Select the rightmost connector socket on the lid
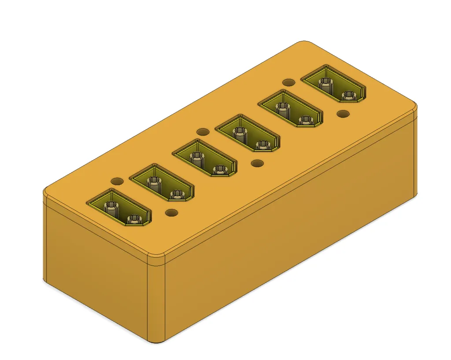tap(333, 84)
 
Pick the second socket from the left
tap(162, 183)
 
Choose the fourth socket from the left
tap(248, 134)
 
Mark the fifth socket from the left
tap(290, 109)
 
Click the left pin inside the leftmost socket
tap(110, 206)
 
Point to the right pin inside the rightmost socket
tap(348, 96)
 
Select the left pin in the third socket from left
tap(196, 157)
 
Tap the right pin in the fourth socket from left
tap(262, 145)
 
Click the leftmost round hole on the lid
tap(117, 181)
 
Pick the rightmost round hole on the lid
tap(343, 114)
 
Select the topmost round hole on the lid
tap(288, 82)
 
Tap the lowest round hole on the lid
tap(171, 213)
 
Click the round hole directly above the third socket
tap(203, 132)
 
